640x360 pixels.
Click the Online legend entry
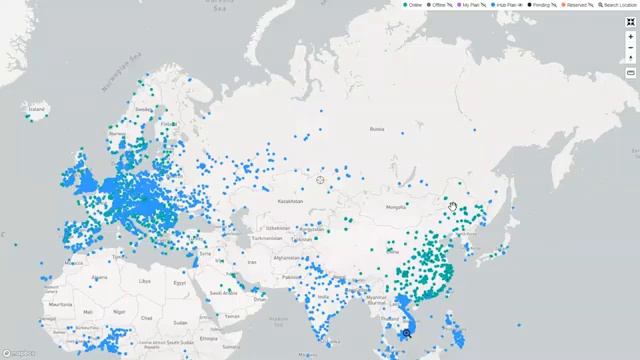(x=413, y=5)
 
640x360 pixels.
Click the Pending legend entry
(x=541, y=5)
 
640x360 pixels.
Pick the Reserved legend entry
(x=576, y=5)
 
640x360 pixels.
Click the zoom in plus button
(x=631, y=36)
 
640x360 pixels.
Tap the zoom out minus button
(x=631, y=47)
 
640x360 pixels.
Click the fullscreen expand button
(x=631, y=21)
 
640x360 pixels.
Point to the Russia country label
(x=377, y=128)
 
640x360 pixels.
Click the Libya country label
(x=145, y=281)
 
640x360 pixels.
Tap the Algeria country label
(x=99, y=277)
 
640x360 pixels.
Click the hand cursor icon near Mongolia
(x=453, y=207)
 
